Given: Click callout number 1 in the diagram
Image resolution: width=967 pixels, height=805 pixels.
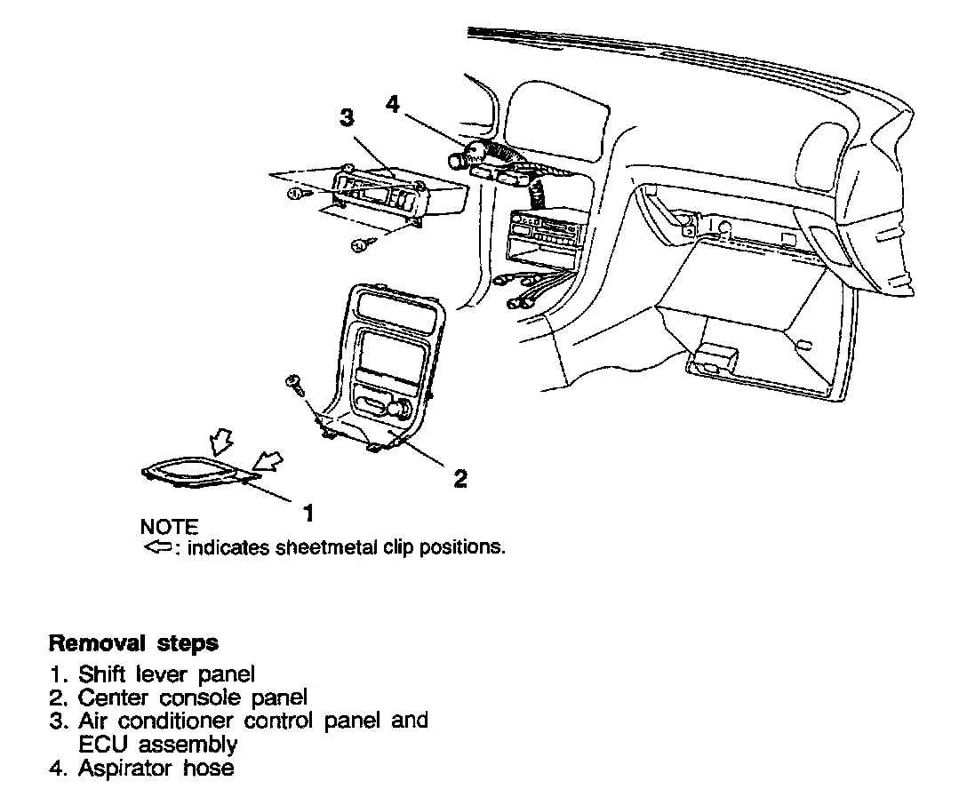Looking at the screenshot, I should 308,513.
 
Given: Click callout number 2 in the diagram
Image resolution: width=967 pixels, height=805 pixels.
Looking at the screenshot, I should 460,479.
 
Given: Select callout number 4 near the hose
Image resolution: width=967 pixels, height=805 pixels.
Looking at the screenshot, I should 394,104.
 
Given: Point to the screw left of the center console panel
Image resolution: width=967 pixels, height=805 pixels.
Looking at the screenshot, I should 292,383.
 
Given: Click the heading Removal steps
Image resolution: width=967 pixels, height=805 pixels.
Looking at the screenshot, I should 133,642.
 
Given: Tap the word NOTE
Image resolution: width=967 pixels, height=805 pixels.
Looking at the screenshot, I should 169,528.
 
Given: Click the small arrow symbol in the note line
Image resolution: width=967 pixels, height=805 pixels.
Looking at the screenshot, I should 156,547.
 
